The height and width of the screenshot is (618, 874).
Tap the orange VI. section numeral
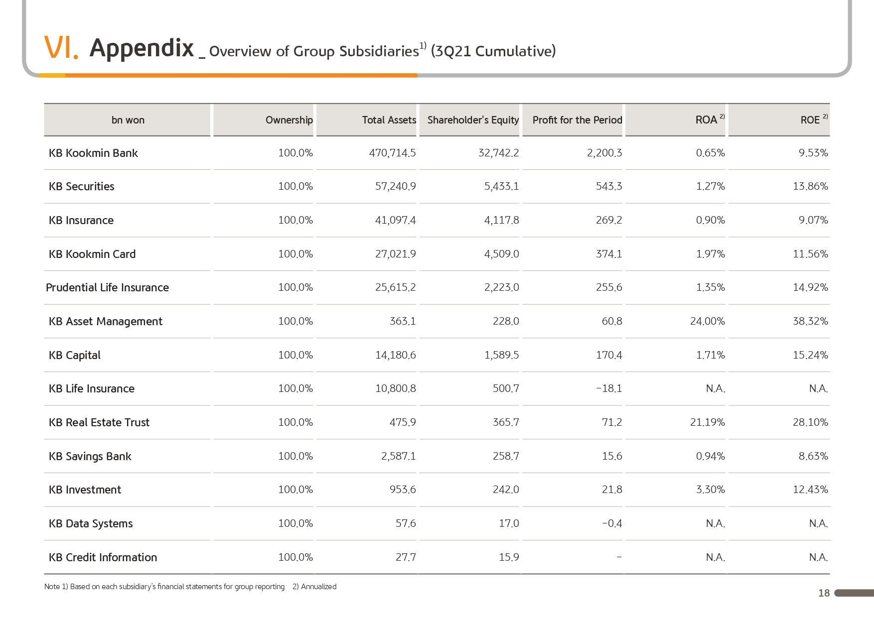click(61, 48)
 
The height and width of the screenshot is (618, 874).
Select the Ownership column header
click(289, 120)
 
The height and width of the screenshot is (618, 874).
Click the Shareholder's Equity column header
click(473, 120)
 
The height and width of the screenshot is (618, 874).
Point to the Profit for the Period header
click(577, 120)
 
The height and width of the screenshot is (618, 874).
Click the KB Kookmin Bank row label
click(93, 153)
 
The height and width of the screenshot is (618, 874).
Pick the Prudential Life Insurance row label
click(107, 287)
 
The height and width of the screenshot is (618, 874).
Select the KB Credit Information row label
click(103, 557)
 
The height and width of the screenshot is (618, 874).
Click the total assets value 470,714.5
click(392, 153)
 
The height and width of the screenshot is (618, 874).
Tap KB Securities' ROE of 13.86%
click(810, 186)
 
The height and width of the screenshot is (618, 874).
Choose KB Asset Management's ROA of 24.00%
click(708, 321)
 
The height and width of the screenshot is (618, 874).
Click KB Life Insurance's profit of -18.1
click(609, 388)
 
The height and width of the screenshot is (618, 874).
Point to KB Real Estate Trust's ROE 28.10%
click(810, 422)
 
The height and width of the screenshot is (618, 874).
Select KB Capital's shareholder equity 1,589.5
click(501, 355)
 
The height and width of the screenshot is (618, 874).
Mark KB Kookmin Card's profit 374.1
click(609, 254)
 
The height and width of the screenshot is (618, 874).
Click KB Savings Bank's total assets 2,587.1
click(398, 456)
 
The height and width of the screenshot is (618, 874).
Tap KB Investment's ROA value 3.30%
click(711, 490)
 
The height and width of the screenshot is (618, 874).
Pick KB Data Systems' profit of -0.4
click(612, 523)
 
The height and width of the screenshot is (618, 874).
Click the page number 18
click(824, 593)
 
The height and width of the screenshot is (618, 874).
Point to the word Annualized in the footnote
click(318, 587)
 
